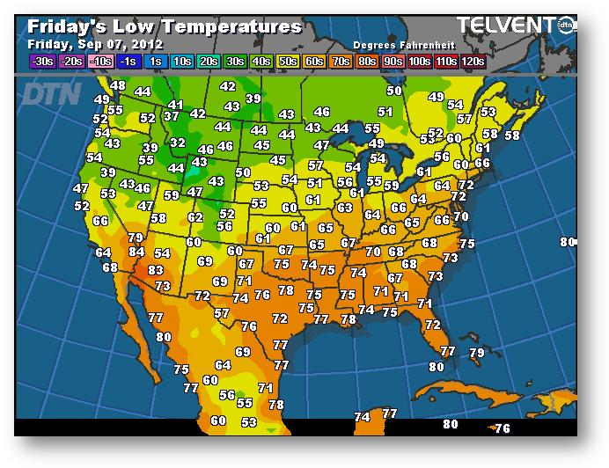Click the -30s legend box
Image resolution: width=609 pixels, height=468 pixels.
(41, 61)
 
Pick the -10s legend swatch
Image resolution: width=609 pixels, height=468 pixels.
(99, 61)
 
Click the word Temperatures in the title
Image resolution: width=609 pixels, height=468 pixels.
(228, 26)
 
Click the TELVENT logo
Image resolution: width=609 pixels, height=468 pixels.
(505, 25)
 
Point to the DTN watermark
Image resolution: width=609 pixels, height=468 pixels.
(51, 93)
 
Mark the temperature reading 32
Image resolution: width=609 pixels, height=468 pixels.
(178, 143)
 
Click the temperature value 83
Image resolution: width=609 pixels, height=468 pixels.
(156, 270)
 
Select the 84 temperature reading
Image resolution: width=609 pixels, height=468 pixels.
(136, 252)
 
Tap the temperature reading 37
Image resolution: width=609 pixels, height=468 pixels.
(172, 116)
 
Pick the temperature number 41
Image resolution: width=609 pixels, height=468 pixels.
(176, 105)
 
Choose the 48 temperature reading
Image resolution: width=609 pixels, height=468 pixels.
(118, 86)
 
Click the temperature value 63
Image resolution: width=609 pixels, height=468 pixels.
(345, 208)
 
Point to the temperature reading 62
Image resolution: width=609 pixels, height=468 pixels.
(195, 217)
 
